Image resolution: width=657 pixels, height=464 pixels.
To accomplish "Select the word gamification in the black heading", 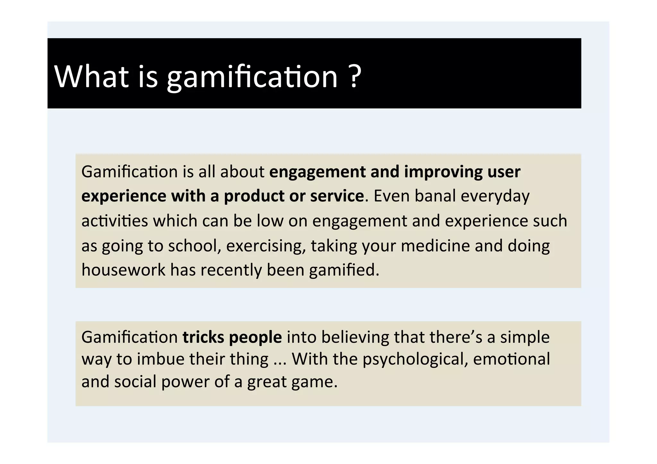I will pos(252,77).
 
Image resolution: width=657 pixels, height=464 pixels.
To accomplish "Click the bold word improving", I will pos(443,172).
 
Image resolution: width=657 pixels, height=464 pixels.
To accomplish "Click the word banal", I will pos(435,196).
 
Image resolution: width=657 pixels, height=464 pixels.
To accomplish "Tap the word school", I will pos(194,246).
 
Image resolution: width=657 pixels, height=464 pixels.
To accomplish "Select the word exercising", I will pos(266,246).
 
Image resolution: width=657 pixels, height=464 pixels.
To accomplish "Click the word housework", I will pos(123,270).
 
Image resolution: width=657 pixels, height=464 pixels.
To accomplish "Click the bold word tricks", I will pos(203,337).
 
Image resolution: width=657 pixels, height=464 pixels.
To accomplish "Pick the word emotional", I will pos(511,359).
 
